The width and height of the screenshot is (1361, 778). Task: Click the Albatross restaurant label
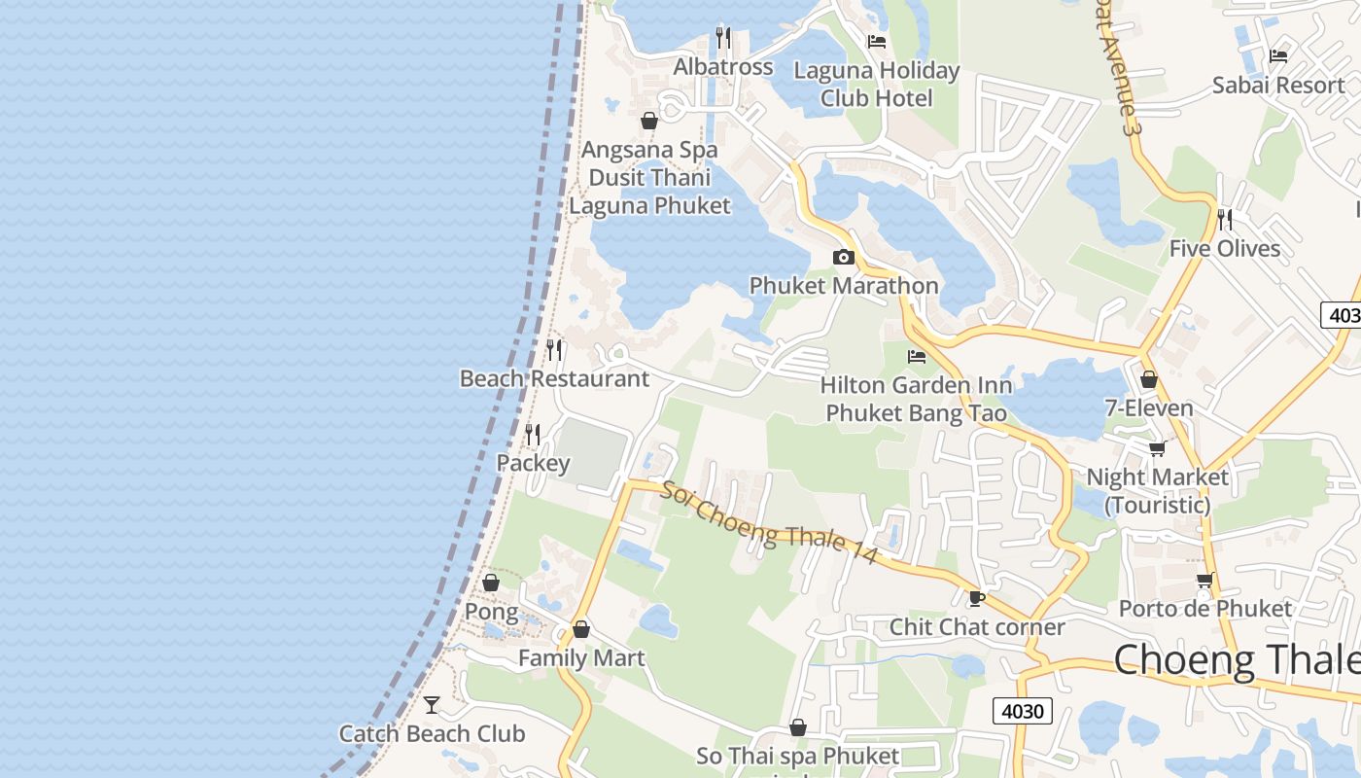(x=723, y=67)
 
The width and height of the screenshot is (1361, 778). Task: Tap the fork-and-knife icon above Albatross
(x=723, y=38)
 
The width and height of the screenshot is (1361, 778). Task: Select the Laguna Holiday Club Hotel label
(x=876, y=85)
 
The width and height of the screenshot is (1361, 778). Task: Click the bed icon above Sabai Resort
(x=1278, y=56)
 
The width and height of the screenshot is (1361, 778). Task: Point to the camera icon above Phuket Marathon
(x=844, y=258)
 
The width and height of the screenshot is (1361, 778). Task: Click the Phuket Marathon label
(x=844, y=286)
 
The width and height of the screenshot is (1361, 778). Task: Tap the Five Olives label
(x=1225, y=249)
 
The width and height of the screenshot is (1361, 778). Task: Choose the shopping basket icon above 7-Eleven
(x=1149, y=380)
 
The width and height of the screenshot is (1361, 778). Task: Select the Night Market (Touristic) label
(x=1157, y=491)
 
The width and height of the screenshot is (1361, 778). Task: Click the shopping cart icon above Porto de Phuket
(x=1205, y=581)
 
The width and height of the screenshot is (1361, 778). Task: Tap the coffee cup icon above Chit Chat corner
(x=977, y=598)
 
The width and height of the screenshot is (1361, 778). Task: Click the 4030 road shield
(x=1023, y=711)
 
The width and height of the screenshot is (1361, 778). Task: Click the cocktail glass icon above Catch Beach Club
(x=432, y=704)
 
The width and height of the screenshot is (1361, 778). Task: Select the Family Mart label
(x=581, y=658)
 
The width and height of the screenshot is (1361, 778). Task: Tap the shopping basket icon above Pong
(x=491, y=583)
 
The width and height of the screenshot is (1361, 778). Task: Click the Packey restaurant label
(x=533, y=463)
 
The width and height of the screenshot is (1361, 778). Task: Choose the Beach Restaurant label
(x=554, y=378)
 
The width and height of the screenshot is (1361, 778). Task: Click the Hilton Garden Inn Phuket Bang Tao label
(x=916, y=400)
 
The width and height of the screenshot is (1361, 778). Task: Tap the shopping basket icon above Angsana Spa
(x=649, y=122)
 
